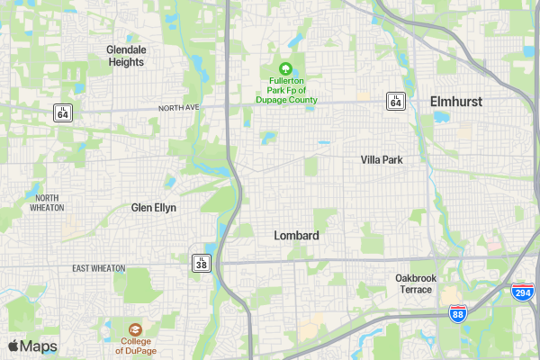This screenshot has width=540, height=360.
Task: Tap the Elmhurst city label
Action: click(x=455, y=102)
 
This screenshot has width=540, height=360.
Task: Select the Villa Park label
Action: click(x=382, y=159)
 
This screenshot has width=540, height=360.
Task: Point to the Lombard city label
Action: click(x=296, y=235)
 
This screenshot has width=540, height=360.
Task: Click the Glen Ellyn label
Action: click(x=154, y=207)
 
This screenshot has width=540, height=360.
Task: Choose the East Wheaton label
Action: click(x=99, y=268)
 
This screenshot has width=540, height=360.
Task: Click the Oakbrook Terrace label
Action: click(x=416, y=283)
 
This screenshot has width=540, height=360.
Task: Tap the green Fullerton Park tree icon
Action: click(x=285, y=68)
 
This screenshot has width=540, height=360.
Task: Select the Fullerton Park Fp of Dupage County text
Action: click(x=285, y=90)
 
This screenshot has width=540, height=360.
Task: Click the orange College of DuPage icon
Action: click(x=134, y=329)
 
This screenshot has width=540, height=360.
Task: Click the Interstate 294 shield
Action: click(x=521, y=292)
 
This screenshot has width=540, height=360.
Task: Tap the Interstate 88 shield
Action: click(x=457, y=313)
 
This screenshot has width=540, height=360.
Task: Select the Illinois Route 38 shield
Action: click(x=202, y=263)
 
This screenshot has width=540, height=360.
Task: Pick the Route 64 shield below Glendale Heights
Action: click(x=62, y=112)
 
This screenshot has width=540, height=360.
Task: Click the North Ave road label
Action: click(x=176, y=108)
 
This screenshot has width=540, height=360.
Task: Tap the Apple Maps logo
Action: click(x=33, y=346)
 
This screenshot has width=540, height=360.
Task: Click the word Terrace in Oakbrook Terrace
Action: click(x=416, y=289)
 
